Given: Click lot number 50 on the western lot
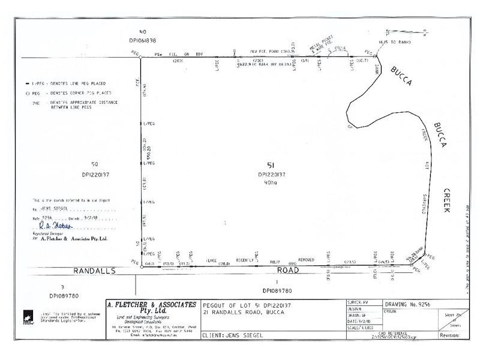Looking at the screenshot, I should (x=94, y=164).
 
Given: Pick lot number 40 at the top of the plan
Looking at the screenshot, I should (x=142, y=32).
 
